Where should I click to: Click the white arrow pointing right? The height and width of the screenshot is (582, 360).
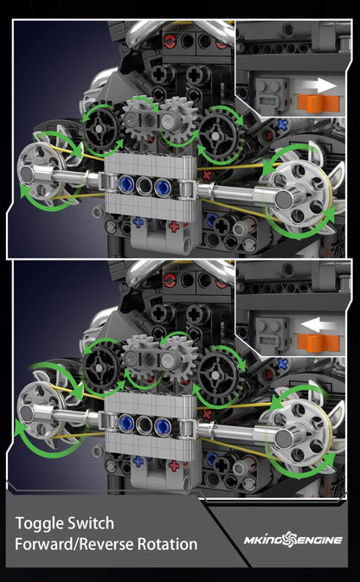[326, 86]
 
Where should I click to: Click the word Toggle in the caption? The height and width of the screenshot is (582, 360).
[37, 523]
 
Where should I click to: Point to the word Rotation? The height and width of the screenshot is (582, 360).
[167, 545]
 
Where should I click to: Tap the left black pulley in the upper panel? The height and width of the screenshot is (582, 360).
[102, 130]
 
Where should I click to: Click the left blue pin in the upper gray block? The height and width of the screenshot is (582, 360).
[128, 185]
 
